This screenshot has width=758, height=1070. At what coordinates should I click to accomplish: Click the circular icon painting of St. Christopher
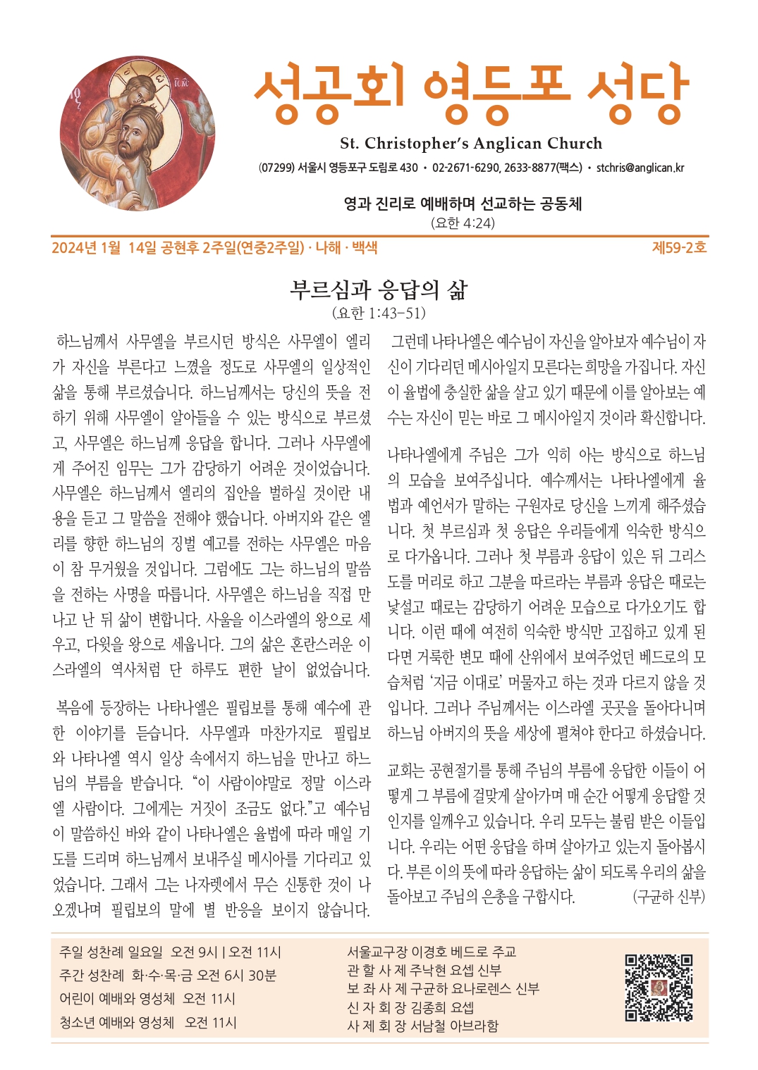pos(137,133)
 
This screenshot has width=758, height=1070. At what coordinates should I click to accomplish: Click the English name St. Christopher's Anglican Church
pos(471,144)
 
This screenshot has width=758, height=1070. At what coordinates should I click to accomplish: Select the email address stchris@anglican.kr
pos(640,168)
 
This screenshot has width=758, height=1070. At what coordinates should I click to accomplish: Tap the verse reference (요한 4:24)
pos(463,223)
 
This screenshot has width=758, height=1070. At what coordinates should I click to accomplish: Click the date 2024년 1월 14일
pos(104,248)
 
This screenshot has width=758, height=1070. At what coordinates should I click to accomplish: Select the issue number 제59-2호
pos(679,248)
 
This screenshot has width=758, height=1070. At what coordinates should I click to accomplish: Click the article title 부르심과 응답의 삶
pos(379,289)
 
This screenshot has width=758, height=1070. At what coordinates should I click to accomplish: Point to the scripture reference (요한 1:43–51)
pos(379,313)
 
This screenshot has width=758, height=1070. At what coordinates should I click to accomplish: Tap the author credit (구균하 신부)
pos(668,897)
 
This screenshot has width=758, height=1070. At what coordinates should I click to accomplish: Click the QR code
pos(659,988)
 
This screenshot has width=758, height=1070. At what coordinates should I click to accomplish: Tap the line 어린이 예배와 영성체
pos(117,999)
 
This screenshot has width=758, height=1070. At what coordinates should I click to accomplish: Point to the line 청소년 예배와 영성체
pos(117,1022)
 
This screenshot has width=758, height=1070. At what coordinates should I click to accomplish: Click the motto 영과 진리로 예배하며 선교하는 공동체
pos(463,204)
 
